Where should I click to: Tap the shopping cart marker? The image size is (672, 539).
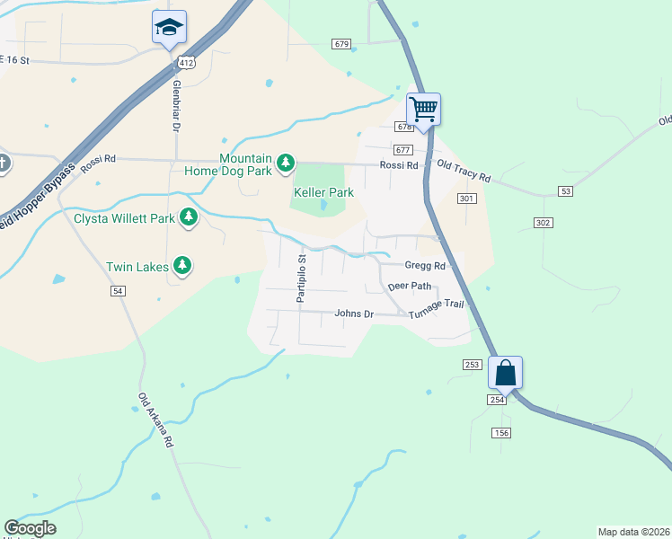click(423, 110)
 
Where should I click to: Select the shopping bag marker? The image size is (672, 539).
click(505, 373)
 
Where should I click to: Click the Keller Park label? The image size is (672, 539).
click(323, 192)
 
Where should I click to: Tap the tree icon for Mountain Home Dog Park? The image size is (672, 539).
click(286, 163)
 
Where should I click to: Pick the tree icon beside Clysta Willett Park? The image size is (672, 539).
click(189, 216)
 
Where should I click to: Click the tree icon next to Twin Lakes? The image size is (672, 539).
click(182, 265)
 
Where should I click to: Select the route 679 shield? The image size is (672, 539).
click(340, 43)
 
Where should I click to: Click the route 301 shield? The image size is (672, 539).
click(466, 198)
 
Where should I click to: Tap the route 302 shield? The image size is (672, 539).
click(543, 222)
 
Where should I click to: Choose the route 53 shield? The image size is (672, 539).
click(564, 191)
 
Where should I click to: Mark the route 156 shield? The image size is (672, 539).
click(501, 433)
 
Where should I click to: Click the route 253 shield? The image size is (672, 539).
click(473, 365)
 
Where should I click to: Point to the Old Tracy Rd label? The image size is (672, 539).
click(464, 172)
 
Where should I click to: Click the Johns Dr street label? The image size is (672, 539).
click(353, 314)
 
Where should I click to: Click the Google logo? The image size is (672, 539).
click(30, 528)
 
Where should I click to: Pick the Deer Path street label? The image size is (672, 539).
click(410, 287)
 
